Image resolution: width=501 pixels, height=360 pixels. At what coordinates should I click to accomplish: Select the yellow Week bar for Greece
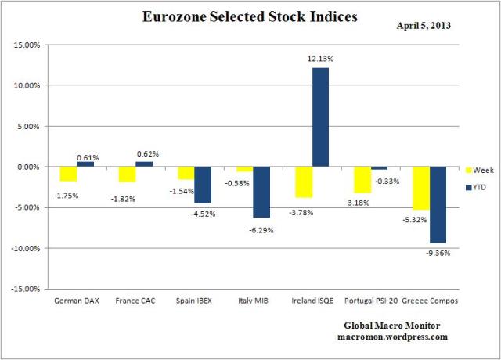pyautogui.click(x=420, y=188)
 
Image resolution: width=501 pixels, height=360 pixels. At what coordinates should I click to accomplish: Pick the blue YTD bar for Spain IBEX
pyautogui.click(x=204, y=185)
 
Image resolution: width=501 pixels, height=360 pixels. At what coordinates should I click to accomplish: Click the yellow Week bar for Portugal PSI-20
pyautogui.click(x=362, y=179)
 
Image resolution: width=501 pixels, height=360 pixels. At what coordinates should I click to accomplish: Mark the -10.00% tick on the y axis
pyautogui.click(x=26, y=248)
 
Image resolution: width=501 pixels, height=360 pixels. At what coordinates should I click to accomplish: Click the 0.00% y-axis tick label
pyautogui.click(x=29, y=167)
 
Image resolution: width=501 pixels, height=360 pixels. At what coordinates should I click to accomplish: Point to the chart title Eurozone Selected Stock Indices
pyautogui.click(x=249, y=16)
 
